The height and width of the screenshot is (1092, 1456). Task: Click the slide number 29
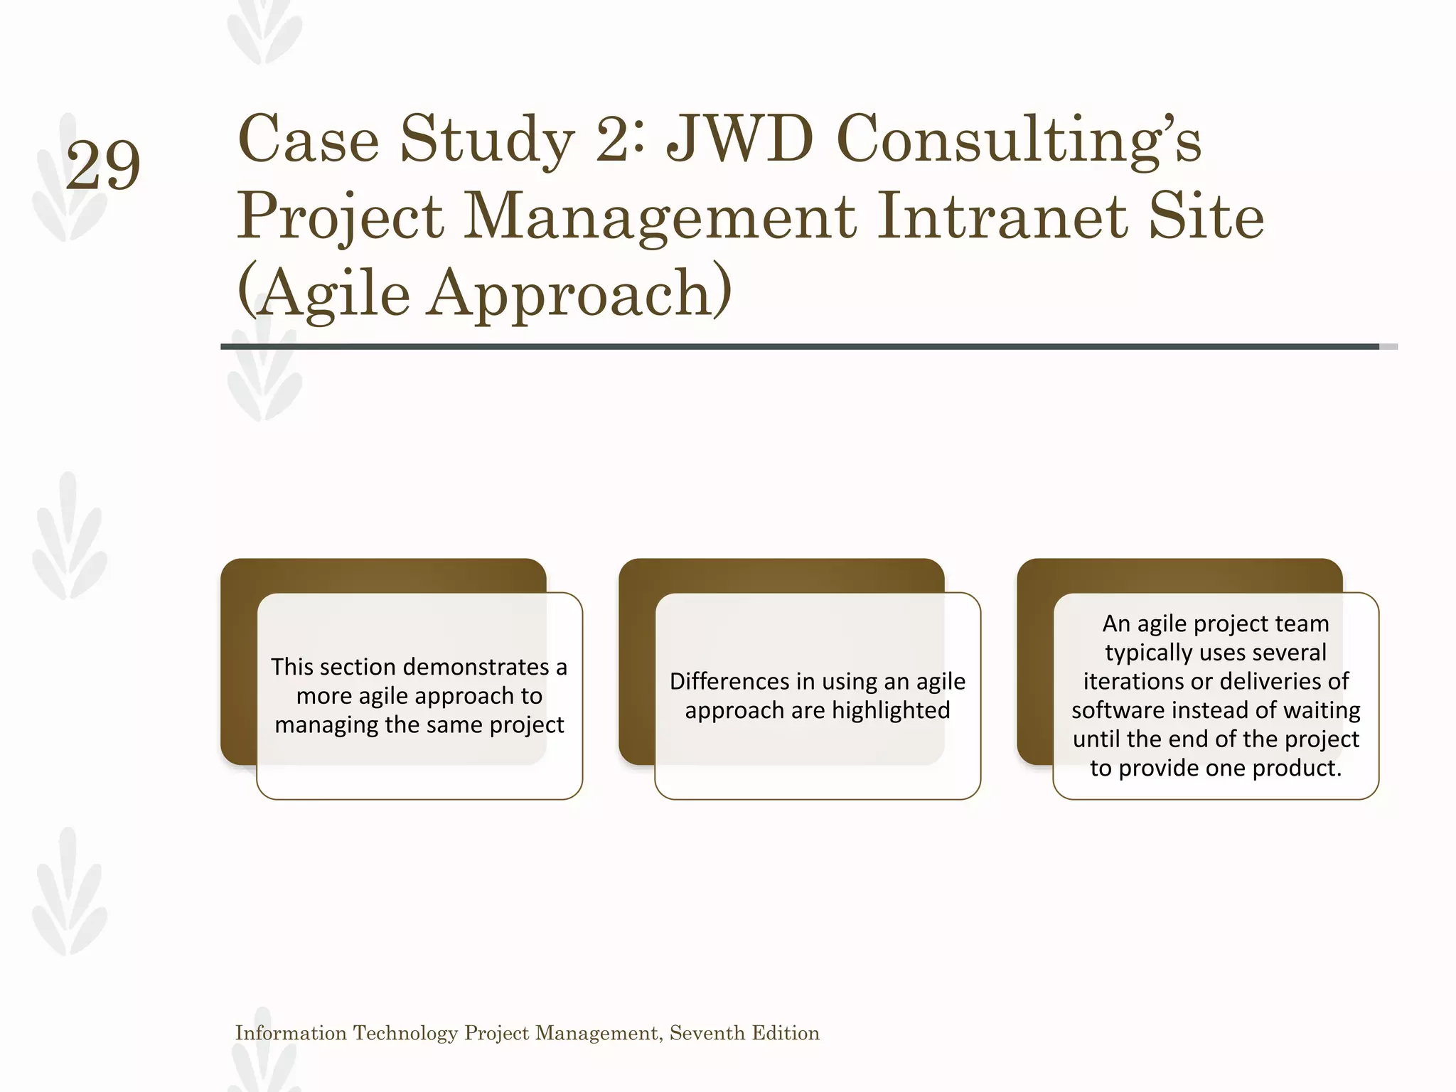pos(103,166)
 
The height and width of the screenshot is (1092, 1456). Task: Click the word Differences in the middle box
pos(732,681)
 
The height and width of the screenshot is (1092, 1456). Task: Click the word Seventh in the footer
pos(707,1033)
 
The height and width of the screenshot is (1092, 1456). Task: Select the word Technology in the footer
pos(405,1033)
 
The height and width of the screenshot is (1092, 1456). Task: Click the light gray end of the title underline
pos(1388,347)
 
